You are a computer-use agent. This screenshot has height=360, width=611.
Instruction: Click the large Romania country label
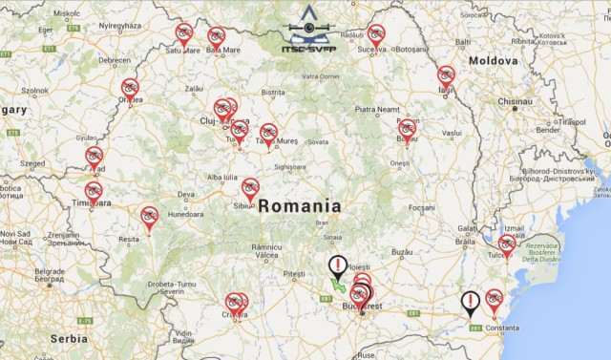click(299, 205)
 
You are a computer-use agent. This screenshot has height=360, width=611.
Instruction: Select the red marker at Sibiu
click(250, 188)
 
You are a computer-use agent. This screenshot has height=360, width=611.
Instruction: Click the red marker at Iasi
click(446, 75)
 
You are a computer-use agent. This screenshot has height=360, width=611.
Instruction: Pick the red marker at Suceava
click(376, 34)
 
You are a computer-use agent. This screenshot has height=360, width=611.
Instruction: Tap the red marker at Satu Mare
click(183, 33)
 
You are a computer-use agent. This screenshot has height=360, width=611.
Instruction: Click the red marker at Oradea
click(130, 88)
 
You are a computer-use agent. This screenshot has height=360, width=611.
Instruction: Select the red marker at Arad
click(94, 156)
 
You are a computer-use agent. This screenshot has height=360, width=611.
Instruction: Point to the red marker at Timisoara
click(93, 191)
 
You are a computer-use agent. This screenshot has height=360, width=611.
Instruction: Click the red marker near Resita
click(149, 216)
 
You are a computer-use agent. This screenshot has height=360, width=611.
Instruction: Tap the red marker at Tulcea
click(506, 244)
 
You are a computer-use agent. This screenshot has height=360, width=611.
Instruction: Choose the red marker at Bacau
click(408, 129)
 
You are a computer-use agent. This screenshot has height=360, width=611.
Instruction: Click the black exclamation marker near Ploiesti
click(338, 265)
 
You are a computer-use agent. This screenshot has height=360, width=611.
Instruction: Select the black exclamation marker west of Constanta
click(471, 302)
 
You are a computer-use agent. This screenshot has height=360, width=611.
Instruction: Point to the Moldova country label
click(493, 60)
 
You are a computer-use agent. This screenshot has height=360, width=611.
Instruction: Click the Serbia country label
click(69, 338)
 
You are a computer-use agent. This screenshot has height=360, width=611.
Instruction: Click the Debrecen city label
click(114, 59)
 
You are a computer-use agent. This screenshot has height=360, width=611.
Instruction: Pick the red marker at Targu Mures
click(269, 133)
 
